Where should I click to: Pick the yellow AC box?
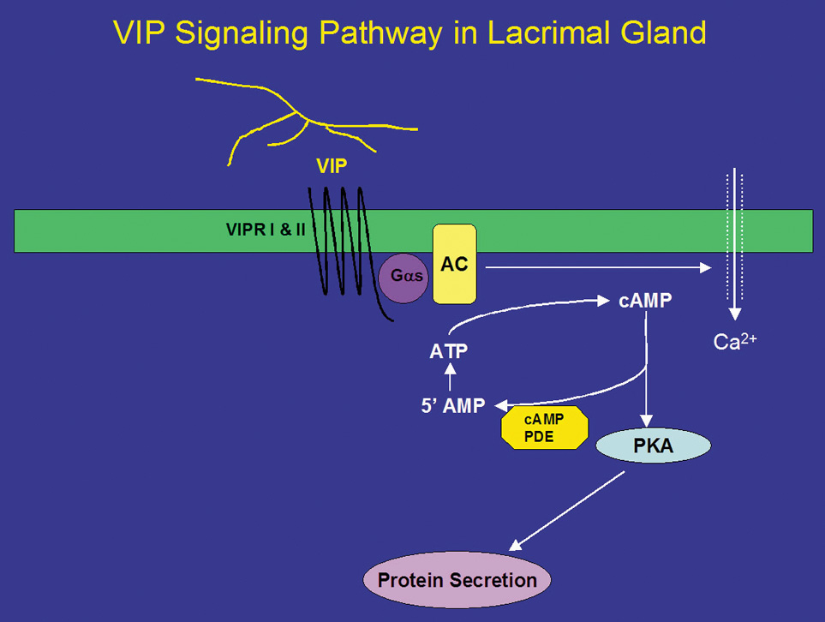point(454,264)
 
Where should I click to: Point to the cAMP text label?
point(645,302)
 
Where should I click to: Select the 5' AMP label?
point(453,406)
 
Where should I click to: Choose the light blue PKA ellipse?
point(652,446)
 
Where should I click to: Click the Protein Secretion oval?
point(457,579)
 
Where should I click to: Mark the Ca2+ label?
point(735,342)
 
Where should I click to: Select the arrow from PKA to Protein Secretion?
point(569,511)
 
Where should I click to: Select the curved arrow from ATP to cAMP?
point(514,308)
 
